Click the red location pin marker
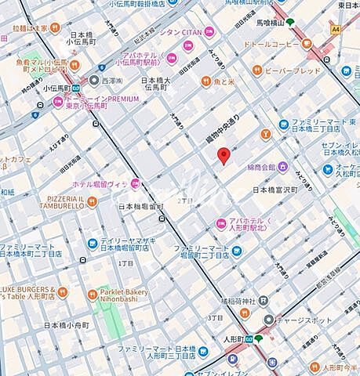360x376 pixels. [x=223, y=155]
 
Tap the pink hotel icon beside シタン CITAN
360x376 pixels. [x=209, y=32]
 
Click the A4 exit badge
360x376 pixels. [x=336, y=29]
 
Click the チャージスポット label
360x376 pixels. [x=302, y=320]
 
